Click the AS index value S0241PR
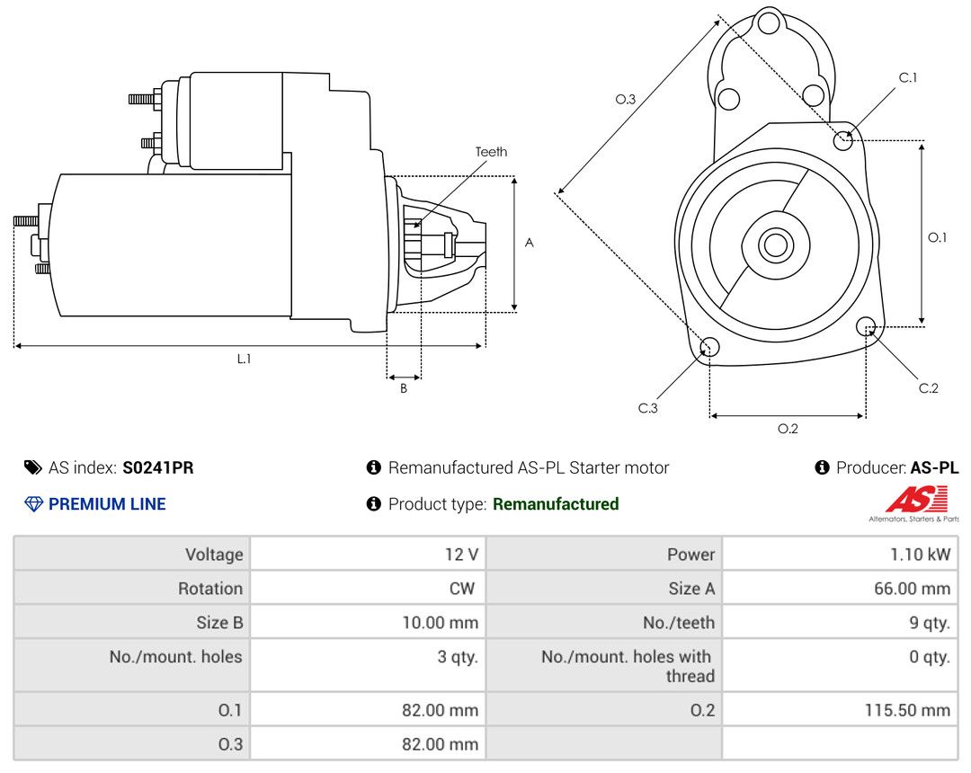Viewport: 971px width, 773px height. (x=158, y=468)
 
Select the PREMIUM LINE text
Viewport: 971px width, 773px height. (x=107, y=503)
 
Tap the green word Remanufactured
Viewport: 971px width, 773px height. (x=556, y=503)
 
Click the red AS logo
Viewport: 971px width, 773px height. (x=916, y=500)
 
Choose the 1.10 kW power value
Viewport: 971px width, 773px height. (x=921, y=555)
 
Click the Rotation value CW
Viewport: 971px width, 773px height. (x=462, y=589)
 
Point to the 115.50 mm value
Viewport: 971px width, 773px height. (x=907, y=710)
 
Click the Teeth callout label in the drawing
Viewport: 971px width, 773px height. (x=491, y=152)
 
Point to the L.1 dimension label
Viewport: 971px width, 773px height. (x=244, y=359)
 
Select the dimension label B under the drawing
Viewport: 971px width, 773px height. (x=404, y=388)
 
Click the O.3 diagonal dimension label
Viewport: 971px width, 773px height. (x=626, y=99)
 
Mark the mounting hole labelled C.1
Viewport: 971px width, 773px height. (x=842, y=140)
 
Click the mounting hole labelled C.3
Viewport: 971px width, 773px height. (x=709, y=347)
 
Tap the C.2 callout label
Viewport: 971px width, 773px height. (x=928, y=388)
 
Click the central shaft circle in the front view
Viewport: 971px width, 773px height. (x=775, y=245)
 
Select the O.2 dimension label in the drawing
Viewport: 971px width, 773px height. (x=788, y=428)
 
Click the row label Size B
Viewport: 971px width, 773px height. (x=219, y=623)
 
